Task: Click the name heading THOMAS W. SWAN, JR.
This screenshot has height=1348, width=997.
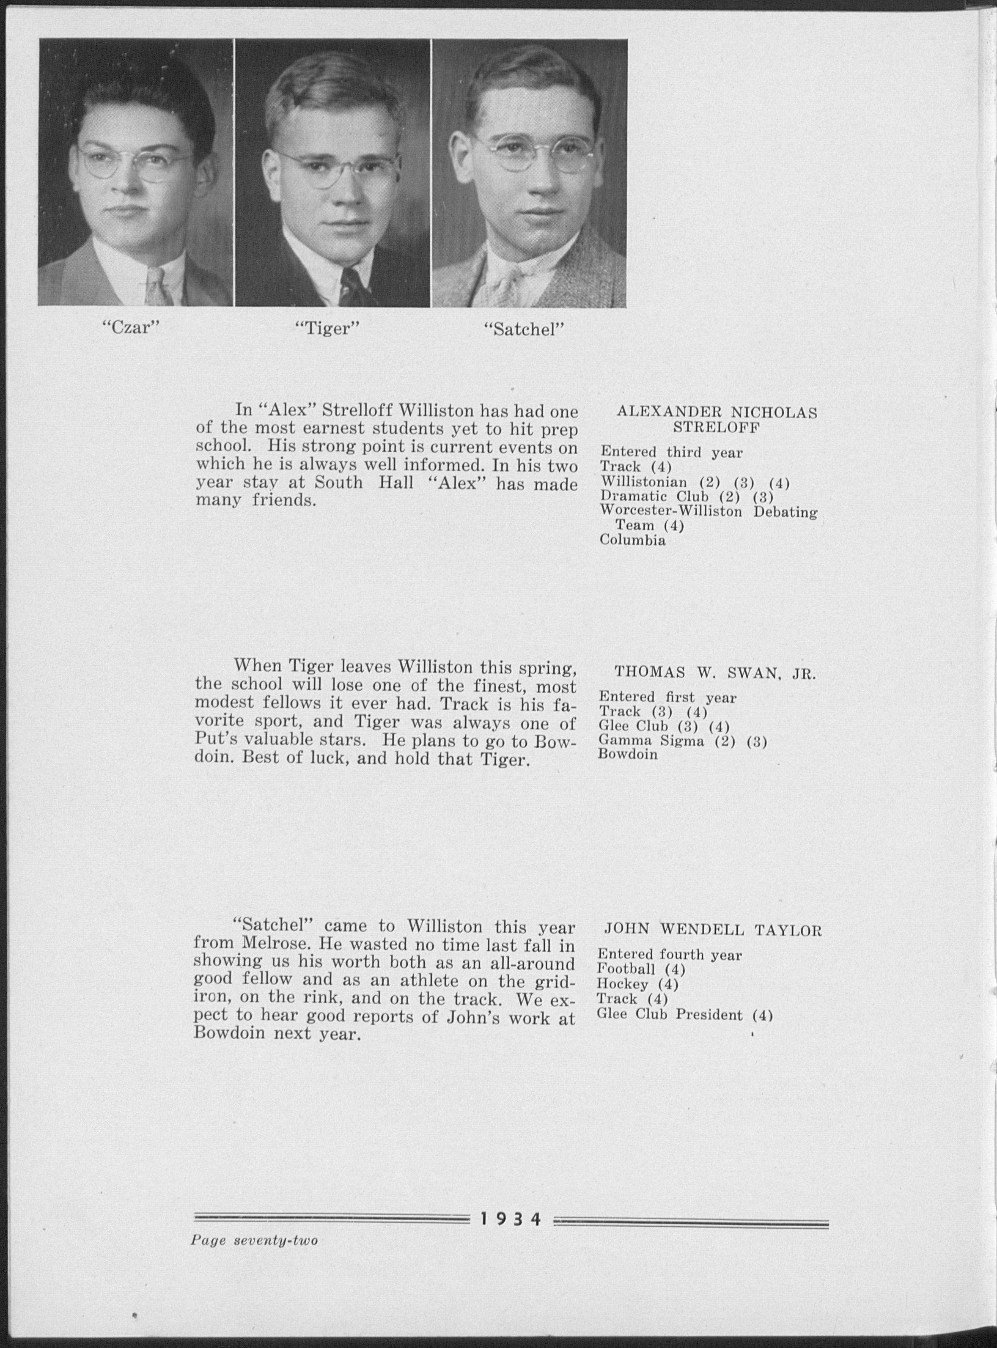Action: click(x=715, y=673)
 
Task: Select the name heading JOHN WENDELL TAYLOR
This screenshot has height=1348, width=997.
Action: click(x=713, y=930)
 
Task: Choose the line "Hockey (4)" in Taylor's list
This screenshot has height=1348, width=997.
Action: click(x=637, y=984)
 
